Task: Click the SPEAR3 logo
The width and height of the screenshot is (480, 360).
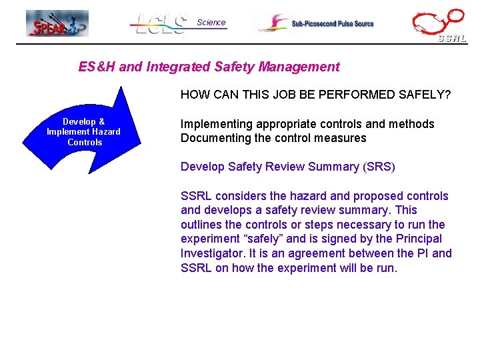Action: tap(57, 23)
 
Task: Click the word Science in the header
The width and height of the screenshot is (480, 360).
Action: tap(211, 22)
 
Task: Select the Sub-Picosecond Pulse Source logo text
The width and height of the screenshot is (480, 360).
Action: tap(332, 24)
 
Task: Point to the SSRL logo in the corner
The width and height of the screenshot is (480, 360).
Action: tap(439, 26)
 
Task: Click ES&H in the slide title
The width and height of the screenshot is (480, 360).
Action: tap(95, 67)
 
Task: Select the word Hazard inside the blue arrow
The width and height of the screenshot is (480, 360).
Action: tap(107, 132)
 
